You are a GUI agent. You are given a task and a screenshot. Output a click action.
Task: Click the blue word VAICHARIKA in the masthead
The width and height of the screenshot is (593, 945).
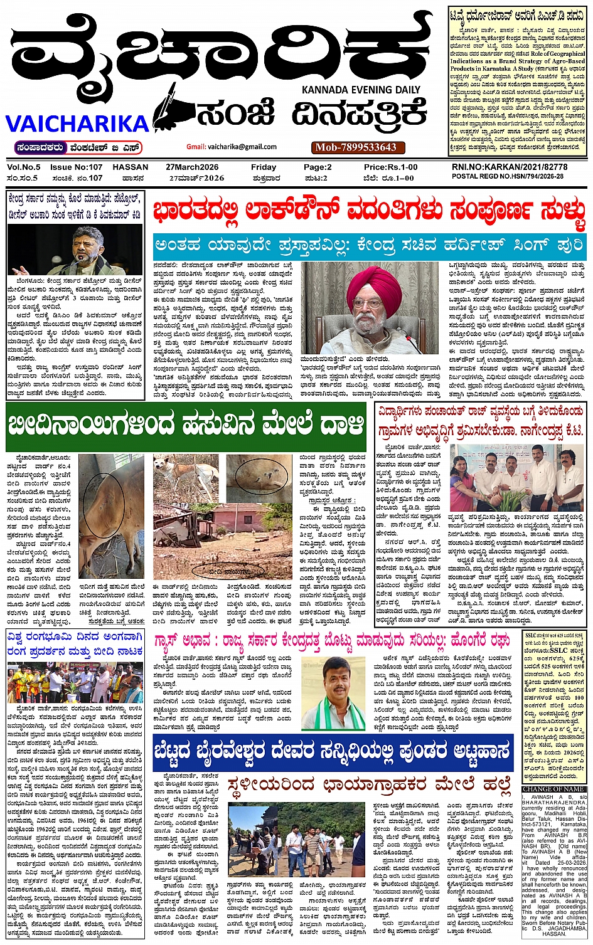77,124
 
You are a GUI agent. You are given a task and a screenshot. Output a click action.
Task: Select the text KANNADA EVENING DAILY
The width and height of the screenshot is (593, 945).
361,90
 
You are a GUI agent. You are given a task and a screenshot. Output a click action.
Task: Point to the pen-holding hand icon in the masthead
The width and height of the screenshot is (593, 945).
173,108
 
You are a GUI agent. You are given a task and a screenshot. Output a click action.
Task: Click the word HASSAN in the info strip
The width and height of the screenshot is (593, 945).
131,167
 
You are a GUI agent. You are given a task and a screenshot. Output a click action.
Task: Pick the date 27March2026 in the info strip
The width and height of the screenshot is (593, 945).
192,167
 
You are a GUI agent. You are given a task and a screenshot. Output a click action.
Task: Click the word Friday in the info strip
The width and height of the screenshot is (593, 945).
263,167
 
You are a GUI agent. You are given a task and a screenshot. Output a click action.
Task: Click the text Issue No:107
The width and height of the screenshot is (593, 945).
76,167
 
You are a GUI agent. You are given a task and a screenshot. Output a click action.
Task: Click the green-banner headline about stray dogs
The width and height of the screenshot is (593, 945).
186,426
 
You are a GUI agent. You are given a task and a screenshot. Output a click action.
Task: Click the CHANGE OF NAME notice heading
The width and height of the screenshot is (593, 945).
553,789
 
